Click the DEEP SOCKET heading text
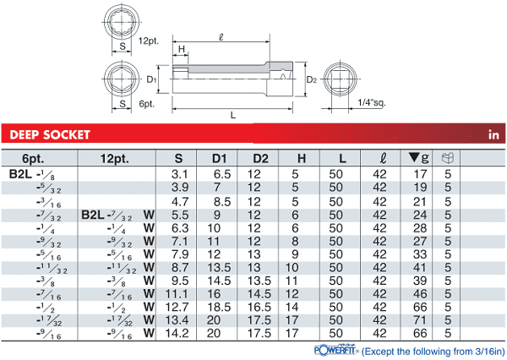pos(50,134)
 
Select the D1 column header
pos(219,159)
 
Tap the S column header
pos(178,159)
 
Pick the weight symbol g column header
pos(419,158)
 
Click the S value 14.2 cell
pos(177,333)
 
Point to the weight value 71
pos(420,320)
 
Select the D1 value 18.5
pos(219,307)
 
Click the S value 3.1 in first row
pos(179,174)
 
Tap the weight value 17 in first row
pos(420,174)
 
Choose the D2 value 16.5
pos(259,307)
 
